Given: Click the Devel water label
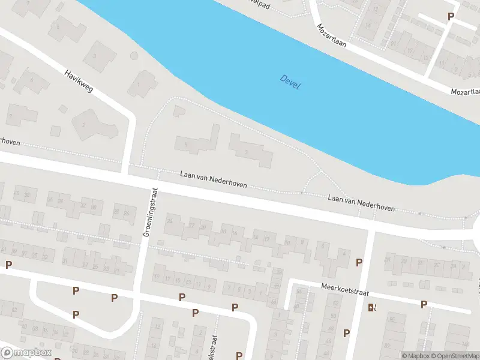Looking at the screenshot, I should click(x=290, y=82).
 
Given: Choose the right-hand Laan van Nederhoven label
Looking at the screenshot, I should click(x=361, y=202).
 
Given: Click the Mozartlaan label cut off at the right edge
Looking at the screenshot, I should click(x=467, y=91).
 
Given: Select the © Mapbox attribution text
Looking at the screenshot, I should click(x=416, y=356).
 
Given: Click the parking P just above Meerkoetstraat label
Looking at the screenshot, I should click(x=359, y=262).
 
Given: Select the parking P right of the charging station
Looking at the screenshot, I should click(x=424, y=305).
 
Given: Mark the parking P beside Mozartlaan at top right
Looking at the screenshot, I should click(x=451, y=17).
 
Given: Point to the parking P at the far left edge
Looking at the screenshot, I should click(x=8, y=265).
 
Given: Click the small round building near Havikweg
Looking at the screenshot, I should click(x=62, y=107).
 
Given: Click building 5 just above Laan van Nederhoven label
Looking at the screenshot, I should click(x=195, y=143).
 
